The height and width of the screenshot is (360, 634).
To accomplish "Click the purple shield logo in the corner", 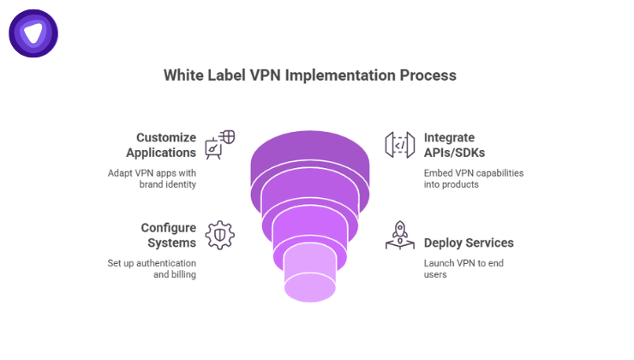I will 33,33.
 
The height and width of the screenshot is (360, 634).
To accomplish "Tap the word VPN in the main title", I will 264,75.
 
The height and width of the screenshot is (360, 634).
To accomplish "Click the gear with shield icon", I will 219,235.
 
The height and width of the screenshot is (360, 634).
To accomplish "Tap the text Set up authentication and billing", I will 152,269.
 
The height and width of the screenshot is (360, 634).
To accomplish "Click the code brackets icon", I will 399,146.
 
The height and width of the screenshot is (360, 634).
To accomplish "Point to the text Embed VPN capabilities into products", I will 473,178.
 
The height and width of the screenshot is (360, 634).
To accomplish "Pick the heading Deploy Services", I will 469,243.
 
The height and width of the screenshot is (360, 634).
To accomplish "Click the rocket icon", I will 399,235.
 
